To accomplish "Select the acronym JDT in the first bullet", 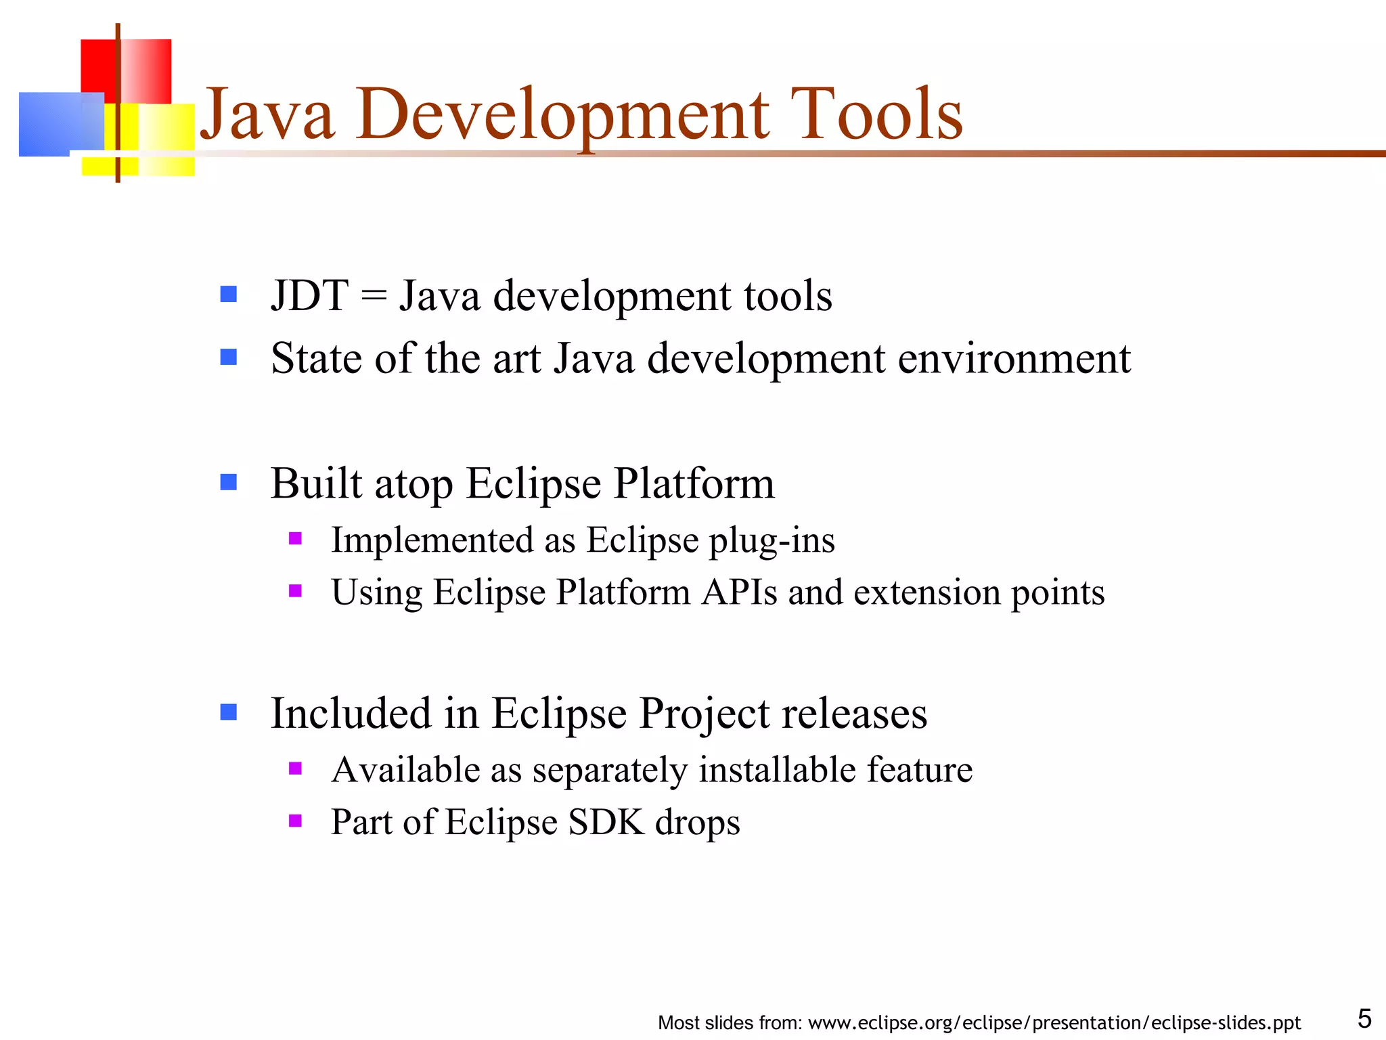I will click(309, 296).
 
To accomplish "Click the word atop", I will click(413, 485).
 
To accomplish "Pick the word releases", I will click(854, 714).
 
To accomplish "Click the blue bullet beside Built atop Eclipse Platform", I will click(229, 482).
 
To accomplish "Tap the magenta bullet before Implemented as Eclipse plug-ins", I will click(295, 539).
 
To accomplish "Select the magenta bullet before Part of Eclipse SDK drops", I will click(295, 821).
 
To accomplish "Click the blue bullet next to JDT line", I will click(229, 294).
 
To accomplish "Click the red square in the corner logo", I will click(99, 64).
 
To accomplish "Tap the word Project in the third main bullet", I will click(704, 714).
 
